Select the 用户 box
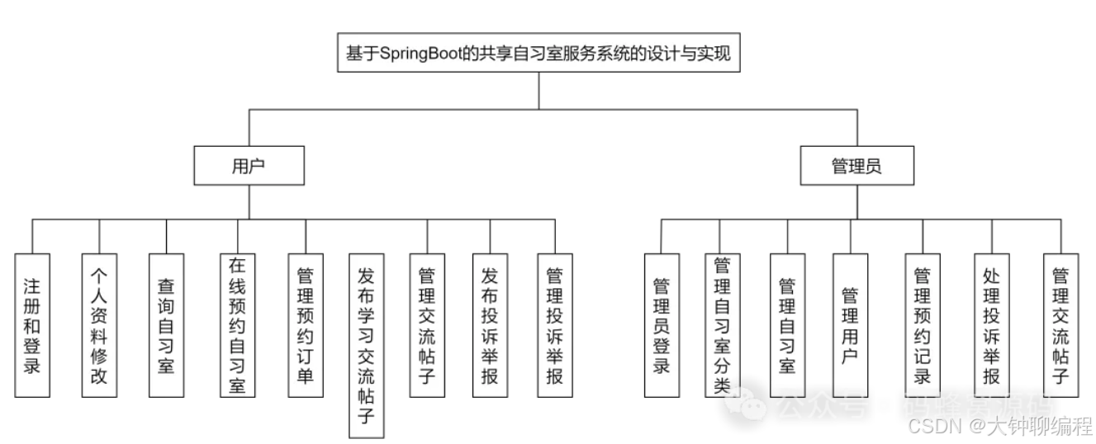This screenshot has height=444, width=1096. [x=249, y=166]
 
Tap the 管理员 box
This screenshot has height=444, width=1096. [x=856, y=166]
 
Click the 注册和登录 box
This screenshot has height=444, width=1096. [x=32, y=325]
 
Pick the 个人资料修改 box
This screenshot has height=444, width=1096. [x=99, y=325]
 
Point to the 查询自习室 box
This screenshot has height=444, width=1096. [x=166, y=325]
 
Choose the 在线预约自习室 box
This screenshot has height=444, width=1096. [x=238, y=325]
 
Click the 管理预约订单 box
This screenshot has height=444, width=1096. [x=304, y=325]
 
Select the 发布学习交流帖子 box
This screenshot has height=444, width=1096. [x=367, y=345]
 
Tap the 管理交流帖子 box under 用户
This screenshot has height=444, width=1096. [x=427, y=325]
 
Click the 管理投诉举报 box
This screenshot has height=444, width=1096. [x=555, y=325]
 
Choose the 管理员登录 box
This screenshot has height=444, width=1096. [x=662, y=325]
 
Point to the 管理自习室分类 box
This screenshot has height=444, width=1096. [x=723, y=325]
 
